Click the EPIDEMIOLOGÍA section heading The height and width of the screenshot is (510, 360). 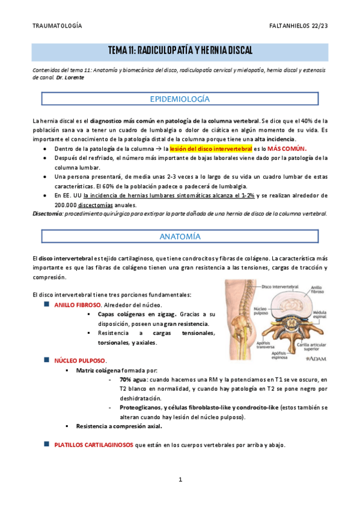(x=180, y=99)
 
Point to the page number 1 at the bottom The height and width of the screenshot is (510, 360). (x=180, y=479)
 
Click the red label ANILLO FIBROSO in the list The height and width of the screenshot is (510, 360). (x=78, y=305)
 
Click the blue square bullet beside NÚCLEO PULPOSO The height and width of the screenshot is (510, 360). (x=47, y=360)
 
